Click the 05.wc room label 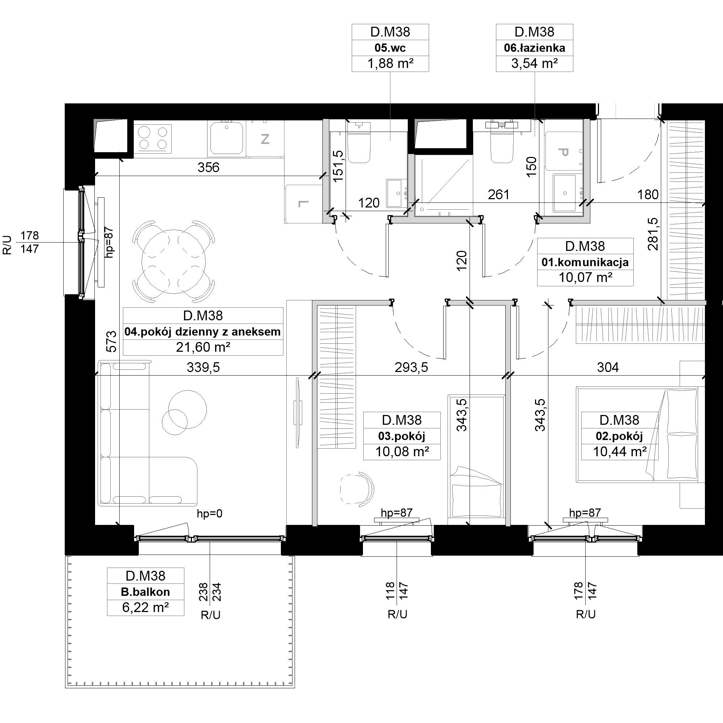pos(390,48)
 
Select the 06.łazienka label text pos(534,48)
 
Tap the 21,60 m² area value pos(203,347)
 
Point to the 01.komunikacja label pos(585,262)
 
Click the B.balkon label pos(145,592)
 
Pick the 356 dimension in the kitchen pos(208,167)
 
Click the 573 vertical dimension pos(111,341)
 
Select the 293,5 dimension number pos(411,368)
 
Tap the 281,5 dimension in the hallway pos(653,234)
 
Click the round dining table pos(174,262)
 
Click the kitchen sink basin pos(226,138)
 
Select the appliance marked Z pos(265,138)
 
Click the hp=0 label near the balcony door pos(210,513)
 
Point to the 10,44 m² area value pos(619,452)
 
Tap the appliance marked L pos(304,204)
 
